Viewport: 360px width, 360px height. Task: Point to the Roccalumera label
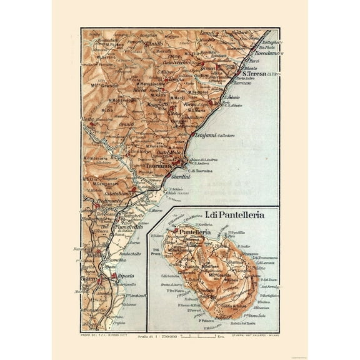click(x=259, y=54)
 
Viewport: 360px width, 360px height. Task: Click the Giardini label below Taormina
click(x=180, y=179)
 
